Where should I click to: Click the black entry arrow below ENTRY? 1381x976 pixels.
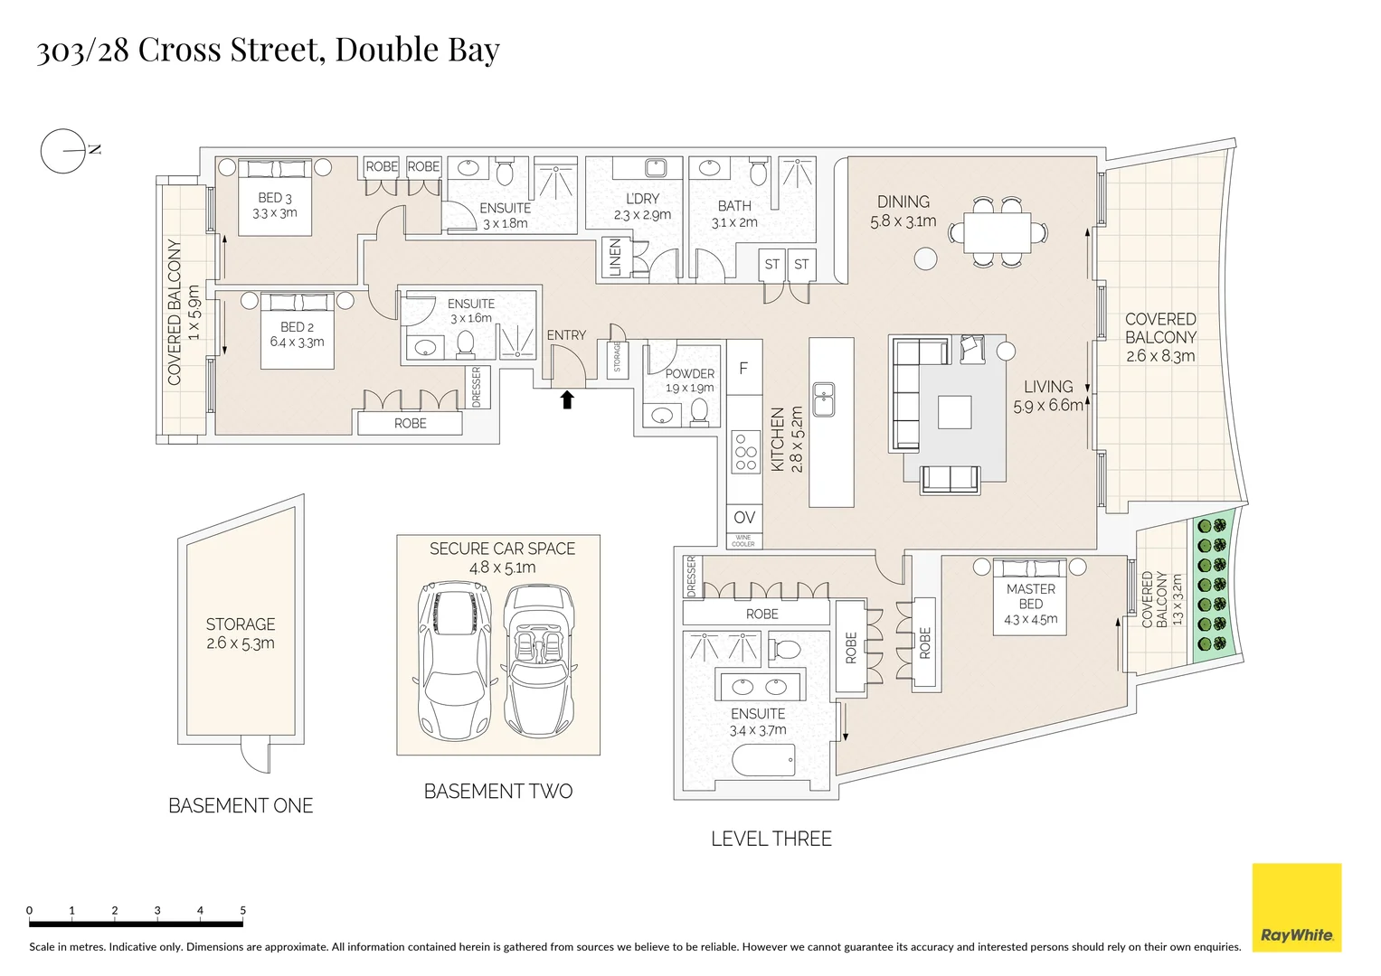pos(567,399)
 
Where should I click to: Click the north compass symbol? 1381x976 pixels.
pos(62,151)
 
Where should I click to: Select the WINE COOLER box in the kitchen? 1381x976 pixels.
pos(743,540)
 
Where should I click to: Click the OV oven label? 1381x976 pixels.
pos(743,518)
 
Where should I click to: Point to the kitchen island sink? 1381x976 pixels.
pos(823,399)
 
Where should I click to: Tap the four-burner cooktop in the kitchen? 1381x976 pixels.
pos(744,453)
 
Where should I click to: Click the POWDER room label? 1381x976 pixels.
pos(689,373)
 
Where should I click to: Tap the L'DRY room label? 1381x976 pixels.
pos(642,199)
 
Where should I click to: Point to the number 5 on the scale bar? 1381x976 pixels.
pos(242,910)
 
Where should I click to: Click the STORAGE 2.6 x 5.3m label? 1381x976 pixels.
pos(240,633)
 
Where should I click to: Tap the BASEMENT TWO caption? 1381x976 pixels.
pos(498,792)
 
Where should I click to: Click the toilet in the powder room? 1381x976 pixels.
pos(699,412)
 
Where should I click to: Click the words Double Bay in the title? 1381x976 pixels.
pos(417,50)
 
